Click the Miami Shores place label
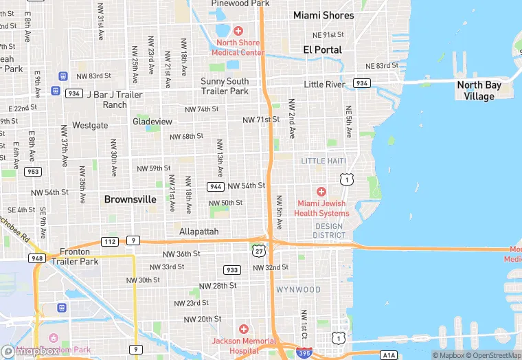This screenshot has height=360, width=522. click(x=324, y=15)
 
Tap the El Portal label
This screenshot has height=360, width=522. click(x=322, y=49)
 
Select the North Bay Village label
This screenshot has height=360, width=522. click(x=484, y=91)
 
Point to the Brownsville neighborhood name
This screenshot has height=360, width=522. click(x=130, y=199)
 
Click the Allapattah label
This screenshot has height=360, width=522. click(x=198, y=232)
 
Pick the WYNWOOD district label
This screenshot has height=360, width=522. click(x=298, y=289)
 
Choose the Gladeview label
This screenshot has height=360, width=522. click(x=152, y=122)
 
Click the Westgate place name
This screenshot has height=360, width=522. click(x=90, y=125)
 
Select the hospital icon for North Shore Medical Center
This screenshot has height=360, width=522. click(x=238, y=30)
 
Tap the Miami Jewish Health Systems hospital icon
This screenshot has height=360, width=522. click(x=321, y=192)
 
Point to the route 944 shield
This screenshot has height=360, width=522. click(x=216, y=186)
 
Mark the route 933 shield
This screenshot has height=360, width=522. click(x=232, y=270)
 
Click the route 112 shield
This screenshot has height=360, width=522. click(x=110, y=241)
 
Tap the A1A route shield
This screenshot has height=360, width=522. click(x=389, y=355)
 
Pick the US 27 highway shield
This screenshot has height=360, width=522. click(x=258, y=251)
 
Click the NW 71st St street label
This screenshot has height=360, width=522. click(x=261, y=120)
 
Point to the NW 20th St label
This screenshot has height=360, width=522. click(x=203, y=319)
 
